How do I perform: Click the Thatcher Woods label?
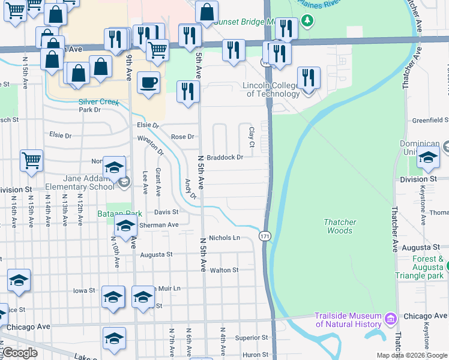pyautogui.click(x=340, y=226)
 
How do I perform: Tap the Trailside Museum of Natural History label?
pyautogui.click(x=349, y=320)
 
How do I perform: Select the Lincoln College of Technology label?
pyautogui.click(x=271, y=89)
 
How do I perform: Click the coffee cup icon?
pyautogui.click(x=148, y=83)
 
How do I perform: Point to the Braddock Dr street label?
pyautogui.click(x=225, y=157)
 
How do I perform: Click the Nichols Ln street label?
pyautogui.click(x=224, y=238)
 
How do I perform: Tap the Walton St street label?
pyautogui.click(x=224, y=270)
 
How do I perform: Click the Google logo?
pyautogui.click(x=20, y=353)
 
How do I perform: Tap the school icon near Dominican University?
pyautogui.click(x=428, y=157)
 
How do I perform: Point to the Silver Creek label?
pyautogui.click(x=99, y=101)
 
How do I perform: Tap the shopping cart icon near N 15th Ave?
pyautogui.click(x=31, y=160)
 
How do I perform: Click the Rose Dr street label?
pyautogui.click(x=182, y=137)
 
